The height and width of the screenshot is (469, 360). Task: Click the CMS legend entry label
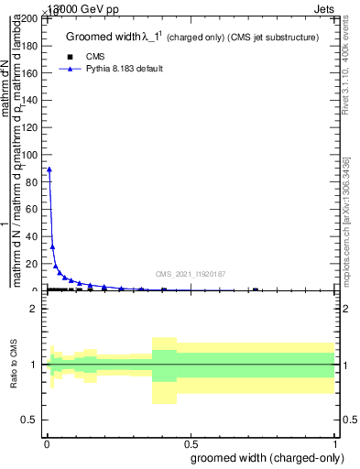[x=95, y=57]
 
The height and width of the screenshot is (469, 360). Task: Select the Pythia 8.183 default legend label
[x=125, y=69]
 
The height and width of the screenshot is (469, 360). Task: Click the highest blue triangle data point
[x=49, y=169]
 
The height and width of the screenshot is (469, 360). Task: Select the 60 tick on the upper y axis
[x=35, y=210]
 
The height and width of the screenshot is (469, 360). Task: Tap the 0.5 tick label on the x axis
[x=190, y=443]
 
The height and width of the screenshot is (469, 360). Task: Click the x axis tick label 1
[x=336, y=443]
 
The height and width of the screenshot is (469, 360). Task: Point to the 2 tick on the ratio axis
[x=33, y=309]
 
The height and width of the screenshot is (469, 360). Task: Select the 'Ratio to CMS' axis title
[x=14, y=365]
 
